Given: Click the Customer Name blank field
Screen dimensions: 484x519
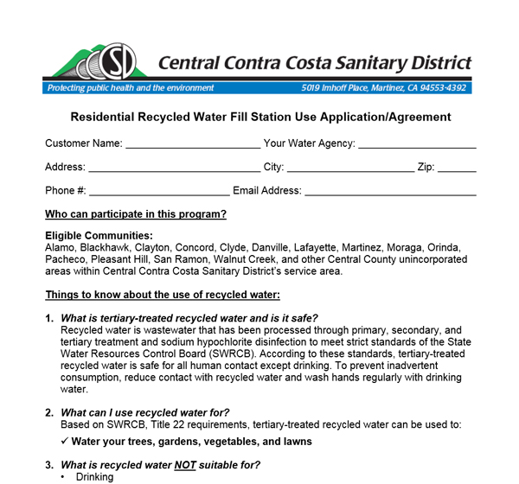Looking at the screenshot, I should [x=192, y=144].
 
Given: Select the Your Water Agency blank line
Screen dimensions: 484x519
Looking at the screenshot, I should [x=417, y=144].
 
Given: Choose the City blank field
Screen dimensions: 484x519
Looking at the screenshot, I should [x=349, y=168].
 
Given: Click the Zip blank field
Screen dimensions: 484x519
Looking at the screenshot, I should [x=457, y=168].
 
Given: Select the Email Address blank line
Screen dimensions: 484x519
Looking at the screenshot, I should [x=390, y=191].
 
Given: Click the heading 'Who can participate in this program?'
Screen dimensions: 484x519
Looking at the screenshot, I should [x=136, y=214].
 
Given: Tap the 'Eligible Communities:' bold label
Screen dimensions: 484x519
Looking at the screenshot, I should [x=99, y=236].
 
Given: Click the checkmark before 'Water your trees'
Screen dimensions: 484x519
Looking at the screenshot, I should [x=65, y=442].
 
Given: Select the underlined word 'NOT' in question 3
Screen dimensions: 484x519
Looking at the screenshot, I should [x=211, y=465].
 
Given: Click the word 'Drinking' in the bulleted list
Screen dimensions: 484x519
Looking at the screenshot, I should [x=94, y=477].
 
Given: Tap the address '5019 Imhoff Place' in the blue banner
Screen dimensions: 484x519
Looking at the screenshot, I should [x=337, y=88].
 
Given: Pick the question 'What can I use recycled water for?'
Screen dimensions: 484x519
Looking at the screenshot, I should [x=144, y=412].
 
